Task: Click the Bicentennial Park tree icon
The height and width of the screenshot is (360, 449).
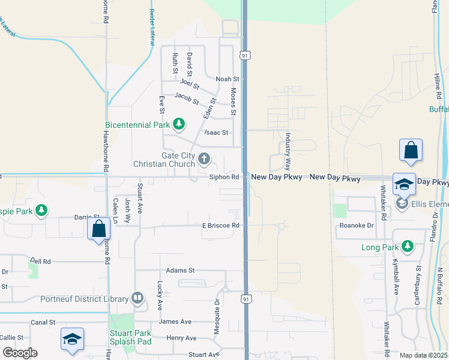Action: pos(178,124)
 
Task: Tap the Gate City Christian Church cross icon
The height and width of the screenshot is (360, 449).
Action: pos(204,159)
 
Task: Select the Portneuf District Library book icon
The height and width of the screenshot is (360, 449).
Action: pos(137,298)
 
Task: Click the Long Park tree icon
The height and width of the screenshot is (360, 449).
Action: pos(408,247)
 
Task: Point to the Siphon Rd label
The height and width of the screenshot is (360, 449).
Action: pos(224,177)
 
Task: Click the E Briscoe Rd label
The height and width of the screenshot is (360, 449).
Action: pos(221,226)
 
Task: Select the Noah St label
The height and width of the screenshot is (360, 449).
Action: pos(228,79)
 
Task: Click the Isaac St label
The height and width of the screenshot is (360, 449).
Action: pos(216,132)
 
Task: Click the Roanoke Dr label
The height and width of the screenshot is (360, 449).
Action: pos(357,226)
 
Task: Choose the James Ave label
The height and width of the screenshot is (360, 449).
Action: pos(175,322)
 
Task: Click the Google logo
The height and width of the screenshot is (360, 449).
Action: pos(20,352)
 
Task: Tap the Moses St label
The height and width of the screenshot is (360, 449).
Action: pos(233,102)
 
